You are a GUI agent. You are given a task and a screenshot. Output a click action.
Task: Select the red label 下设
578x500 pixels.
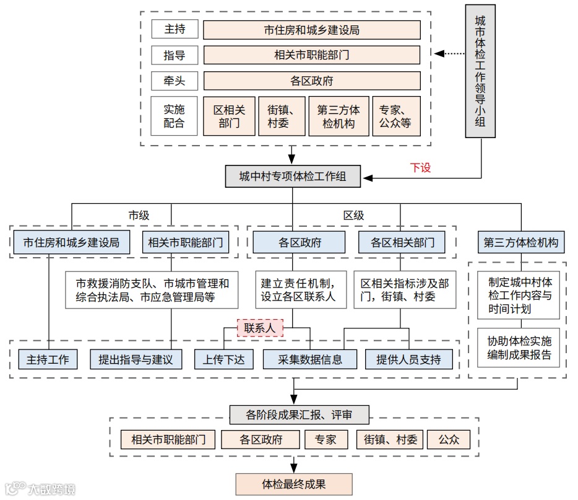[420, 167]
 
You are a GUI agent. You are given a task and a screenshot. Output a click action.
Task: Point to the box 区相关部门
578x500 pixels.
[229, 116]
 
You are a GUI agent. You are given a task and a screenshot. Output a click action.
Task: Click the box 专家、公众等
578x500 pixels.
[396, 116]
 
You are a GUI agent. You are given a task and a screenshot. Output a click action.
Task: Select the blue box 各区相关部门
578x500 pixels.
[402, 242]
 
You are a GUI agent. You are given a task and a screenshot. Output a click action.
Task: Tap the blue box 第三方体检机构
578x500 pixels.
[521, 242]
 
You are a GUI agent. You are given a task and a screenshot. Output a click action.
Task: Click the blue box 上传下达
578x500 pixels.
[223, 359]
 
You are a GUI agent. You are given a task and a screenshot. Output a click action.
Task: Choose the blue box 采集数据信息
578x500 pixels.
[310, 359]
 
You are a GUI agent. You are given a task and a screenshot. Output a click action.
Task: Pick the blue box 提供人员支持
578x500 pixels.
[408, 359]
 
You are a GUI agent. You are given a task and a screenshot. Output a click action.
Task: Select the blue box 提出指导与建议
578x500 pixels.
[136, 359]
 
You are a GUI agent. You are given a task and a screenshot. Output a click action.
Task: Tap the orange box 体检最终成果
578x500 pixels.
[293, 484]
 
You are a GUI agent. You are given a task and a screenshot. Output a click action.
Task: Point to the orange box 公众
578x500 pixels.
[449, 440]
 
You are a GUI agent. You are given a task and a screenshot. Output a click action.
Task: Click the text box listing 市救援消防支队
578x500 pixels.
[152, 290]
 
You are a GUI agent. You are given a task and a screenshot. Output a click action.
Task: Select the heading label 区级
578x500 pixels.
[353, 215]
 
